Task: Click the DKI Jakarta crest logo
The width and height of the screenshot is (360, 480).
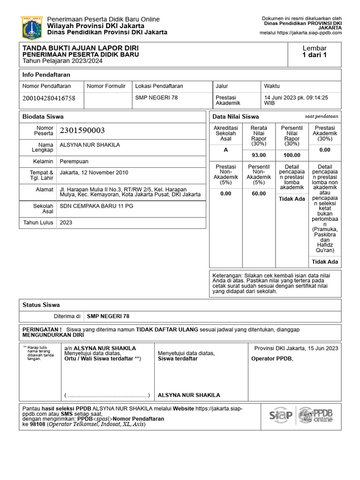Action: tap(31, 28)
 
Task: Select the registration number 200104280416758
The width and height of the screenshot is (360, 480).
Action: tap(49, 98)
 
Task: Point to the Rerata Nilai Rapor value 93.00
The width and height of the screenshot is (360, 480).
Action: tap(259, 155)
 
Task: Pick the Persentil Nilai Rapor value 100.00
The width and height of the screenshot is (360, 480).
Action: tap(292, 155)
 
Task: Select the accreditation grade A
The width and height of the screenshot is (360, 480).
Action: tap(225, 150)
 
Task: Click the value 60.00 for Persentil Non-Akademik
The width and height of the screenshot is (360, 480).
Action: tap(259, 194)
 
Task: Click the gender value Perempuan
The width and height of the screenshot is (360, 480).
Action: tap(74, 161)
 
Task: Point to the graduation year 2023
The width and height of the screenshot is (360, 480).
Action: tap(66, 223)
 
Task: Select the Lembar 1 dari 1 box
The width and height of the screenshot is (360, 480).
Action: tap(315, 52)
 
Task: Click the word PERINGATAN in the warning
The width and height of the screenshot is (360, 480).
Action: tap(40, 330)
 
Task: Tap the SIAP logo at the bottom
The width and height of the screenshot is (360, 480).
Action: tap(281, 415)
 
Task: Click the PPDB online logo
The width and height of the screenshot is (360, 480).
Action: tap(316, 415)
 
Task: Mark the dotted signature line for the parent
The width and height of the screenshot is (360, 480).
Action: tap(107, 395)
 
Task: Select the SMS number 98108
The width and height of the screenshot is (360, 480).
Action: tap(37, 424)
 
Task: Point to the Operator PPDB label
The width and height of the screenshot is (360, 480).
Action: tap(272, 359)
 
